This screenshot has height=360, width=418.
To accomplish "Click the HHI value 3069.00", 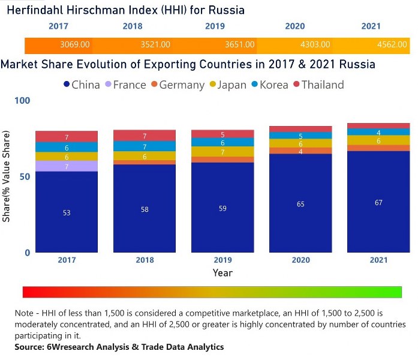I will (x=75, y=44).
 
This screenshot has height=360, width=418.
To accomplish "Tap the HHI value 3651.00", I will (x=239, y=44).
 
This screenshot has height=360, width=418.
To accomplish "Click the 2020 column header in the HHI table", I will (x=294, y=26).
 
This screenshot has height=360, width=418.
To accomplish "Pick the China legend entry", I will (x=81, y=85).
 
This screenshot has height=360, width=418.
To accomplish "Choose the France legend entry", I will (x=124, y=85).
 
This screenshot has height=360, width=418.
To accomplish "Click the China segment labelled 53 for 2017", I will (x=67, y=212).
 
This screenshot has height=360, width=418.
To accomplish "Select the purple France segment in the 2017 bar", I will (x=67, y=166).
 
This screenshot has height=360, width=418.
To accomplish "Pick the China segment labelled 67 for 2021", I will (x=378, y=202).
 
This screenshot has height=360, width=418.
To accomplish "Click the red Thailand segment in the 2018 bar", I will (x=145, y=136).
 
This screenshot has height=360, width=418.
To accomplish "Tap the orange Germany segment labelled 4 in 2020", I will (x=300, y=151).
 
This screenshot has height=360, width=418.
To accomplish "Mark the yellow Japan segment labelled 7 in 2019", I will (x=222, y=152).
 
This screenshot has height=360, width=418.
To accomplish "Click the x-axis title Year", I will (x=222, y=272).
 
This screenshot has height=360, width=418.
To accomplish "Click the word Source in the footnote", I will (x=31, y=347).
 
